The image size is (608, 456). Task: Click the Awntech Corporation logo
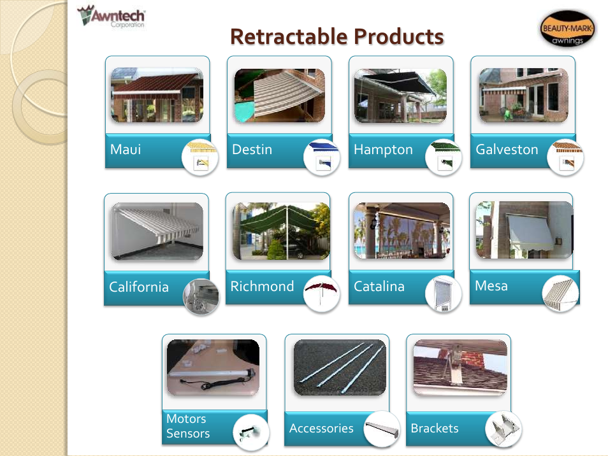[x=112, y=17]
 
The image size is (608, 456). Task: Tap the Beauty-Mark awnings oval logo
[x=567, y=29]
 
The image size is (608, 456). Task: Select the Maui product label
[x=126, y=150]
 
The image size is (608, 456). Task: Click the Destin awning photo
[x=280, y=96]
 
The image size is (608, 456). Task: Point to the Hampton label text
[x=383, y=150]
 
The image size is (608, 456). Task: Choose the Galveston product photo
[x=523, y=96]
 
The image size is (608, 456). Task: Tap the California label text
[x=139, y=287]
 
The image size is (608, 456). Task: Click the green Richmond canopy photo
[x=281, y=231]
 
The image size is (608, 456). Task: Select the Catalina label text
[x=379, y=287]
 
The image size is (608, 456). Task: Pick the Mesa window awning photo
[x=525, y=230]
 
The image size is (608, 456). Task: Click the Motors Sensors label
[x=188, y=426]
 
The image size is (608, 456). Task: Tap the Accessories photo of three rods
[x=340, y=367]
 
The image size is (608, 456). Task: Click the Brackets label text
[x=434, y=428]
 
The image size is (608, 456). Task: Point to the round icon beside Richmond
[x=321, y=294]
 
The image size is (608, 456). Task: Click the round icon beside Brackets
[x=503, y=429]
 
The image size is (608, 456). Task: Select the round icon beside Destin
[x=321, y=157]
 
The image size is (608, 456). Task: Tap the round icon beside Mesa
[x=560, y=294]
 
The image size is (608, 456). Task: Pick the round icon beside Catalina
[x=443, y=294]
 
